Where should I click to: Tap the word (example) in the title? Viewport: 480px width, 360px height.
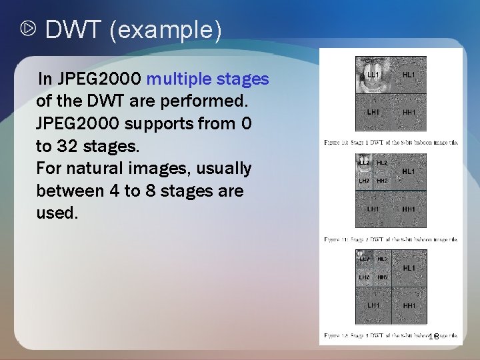(164, 31)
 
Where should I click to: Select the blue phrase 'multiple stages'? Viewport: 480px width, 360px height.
(208, 79)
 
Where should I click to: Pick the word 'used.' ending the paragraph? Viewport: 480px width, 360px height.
(57, 213)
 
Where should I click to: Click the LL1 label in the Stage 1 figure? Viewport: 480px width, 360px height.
(373, 75)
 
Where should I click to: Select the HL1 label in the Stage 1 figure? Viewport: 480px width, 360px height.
(409, 75)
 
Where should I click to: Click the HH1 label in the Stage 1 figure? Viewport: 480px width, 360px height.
(409, 113)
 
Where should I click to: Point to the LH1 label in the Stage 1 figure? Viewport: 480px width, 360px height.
(373, 113)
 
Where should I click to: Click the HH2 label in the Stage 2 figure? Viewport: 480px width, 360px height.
(382, 181)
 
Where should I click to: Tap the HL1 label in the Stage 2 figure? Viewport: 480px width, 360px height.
(409, 171)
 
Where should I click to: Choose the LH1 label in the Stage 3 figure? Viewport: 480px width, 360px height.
(373, 305)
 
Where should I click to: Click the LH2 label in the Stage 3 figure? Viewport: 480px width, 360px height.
(364, 277)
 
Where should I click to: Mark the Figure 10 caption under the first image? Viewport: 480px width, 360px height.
(391, 142)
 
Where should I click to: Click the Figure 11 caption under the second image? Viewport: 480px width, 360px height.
(391, 239)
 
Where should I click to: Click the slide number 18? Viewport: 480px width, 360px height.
(433, 337)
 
